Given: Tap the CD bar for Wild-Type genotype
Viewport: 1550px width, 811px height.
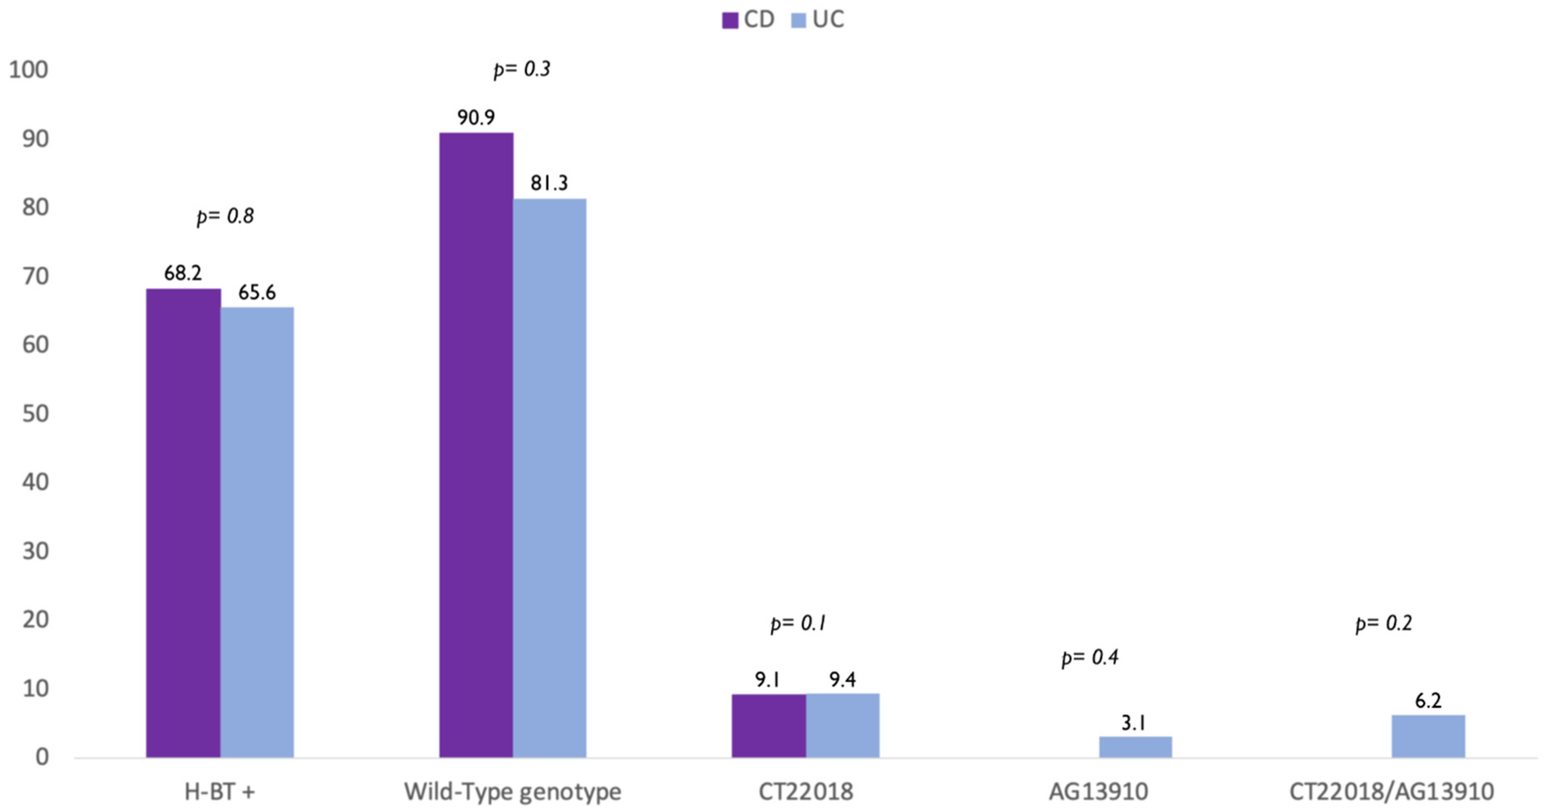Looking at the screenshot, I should [x=476, y=445].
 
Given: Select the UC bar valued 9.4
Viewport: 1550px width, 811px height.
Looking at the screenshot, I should [x=843, y=725].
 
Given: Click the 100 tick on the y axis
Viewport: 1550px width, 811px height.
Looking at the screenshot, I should [x=28, y=70].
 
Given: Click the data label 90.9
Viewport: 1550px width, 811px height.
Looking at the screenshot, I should [x=476, y=117].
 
